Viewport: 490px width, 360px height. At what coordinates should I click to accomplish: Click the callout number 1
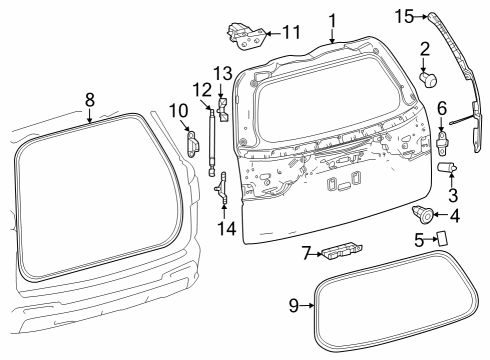tap(333, 18)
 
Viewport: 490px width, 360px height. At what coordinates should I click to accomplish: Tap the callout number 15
tap(403, 15)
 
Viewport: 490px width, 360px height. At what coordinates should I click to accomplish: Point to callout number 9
tap(294, 305)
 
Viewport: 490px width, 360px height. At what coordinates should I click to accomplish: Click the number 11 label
tap(290, 32)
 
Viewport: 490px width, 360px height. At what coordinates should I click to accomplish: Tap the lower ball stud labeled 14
tap(223, 185)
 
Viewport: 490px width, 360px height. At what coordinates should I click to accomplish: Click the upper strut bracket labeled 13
tap(223, 104)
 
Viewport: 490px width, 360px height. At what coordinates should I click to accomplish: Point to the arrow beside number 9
tap(308, 305)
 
